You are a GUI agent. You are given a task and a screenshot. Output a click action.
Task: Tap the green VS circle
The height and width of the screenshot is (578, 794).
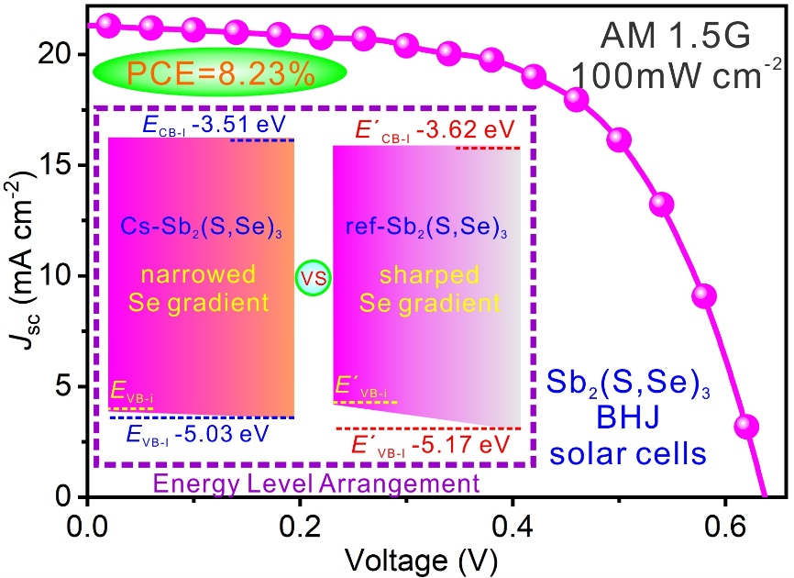click(314, 278)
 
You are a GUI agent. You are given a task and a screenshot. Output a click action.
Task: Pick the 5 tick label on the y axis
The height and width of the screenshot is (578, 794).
click(69, 386)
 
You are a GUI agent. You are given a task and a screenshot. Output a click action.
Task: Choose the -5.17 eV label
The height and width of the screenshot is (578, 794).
click(438, 446)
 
